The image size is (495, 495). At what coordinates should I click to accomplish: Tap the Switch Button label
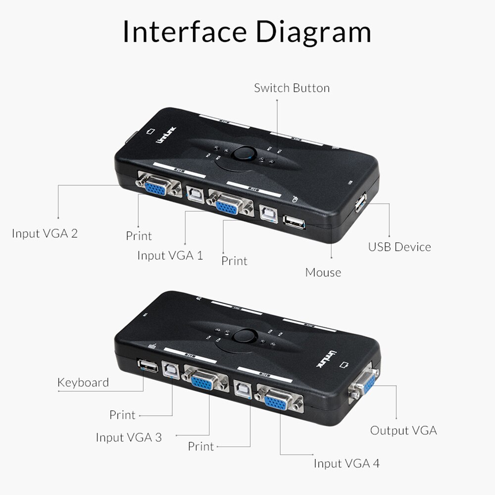tap(292, 88)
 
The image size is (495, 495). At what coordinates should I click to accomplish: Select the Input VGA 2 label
tap(45, 233)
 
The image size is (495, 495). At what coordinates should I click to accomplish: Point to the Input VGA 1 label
tap(170, 255)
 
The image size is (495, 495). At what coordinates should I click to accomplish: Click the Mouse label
tap(323, 272)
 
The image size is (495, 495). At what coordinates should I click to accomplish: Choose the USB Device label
tap(399, 247)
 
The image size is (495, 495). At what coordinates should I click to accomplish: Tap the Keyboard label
tap(83, 382)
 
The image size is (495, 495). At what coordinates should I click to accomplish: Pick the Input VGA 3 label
tap(128, 438)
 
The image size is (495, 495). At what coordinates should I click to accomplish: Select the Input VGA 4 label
tap(346, 463)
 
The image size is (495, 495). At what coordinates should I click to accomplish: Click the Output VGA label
tap(403, 430)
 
